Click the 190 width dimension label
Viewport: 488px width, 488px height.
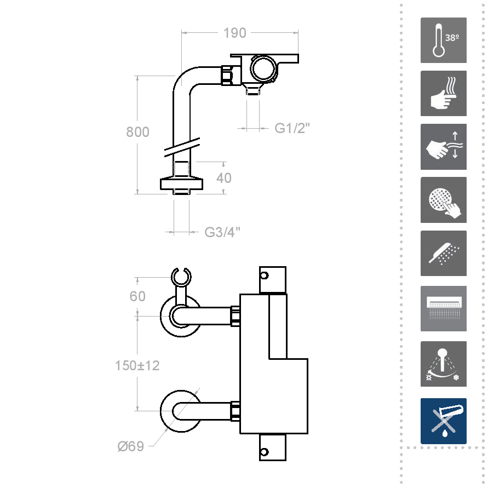(x=234, y=33)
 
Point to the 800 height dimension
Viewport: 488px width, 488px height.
(x=137, y=131)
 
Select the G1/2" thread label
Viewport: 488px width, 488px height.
(x=292, y=128)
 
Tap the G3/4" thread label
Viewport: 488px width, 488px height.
(x=222, y=232)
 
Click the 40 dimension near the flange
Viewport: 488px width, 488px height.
(x=224, y=178)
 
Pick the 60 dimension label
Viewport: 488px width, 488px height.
(x=137, y=296)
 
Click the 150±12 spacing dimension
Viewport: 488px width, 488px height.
(x=137, y=365)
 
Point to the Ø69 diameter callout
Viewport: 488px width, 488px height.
(x=131, y=446)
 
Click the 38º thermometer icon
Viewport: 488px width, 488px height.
(x=444, y=40)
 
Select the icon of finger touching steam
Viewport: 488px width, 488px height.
(x=444, y=93)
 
